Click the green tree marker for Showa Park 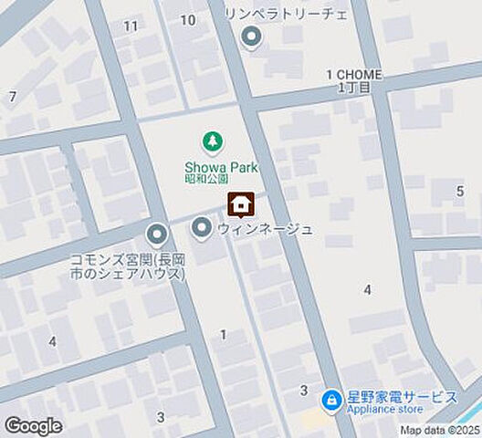(x=212, y=141)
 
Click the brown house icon (x=241, y=206)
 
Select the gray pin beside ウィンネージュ (x=201, y=225)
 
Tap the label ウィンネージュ (x=265, y=229)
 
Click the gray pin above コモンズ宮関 (x=157, y=236)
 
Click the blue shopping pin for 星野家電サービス (x=330, y=400)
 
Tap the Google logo (x=34, y=426)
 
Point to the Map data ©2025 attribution (x=438, y=430)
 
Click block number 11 (x=131, y=25)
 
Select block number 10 (x=188, y=19)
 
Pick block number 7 (x=12, y=96)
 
